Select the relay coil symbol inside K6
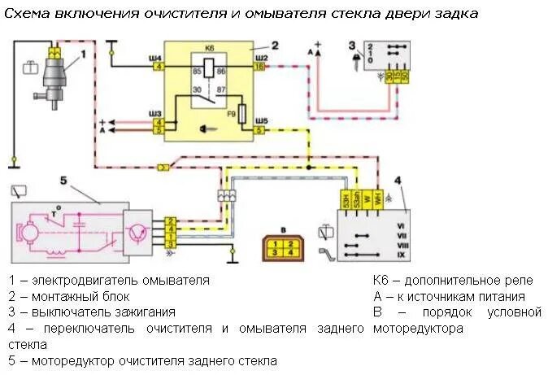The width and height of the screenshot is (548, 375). point(209,70)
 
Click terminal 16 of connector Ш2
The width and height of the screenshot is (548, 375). point(259,67)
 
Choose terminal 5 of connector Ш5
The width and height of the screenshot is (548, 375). point(259,129)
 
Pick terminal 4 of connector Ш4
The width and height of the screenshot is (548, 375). point(158,67)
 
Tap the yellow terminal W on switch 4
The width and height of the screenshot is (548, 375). point(367,199)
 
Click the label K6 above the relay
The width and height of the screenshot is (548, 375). point(211,49)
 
